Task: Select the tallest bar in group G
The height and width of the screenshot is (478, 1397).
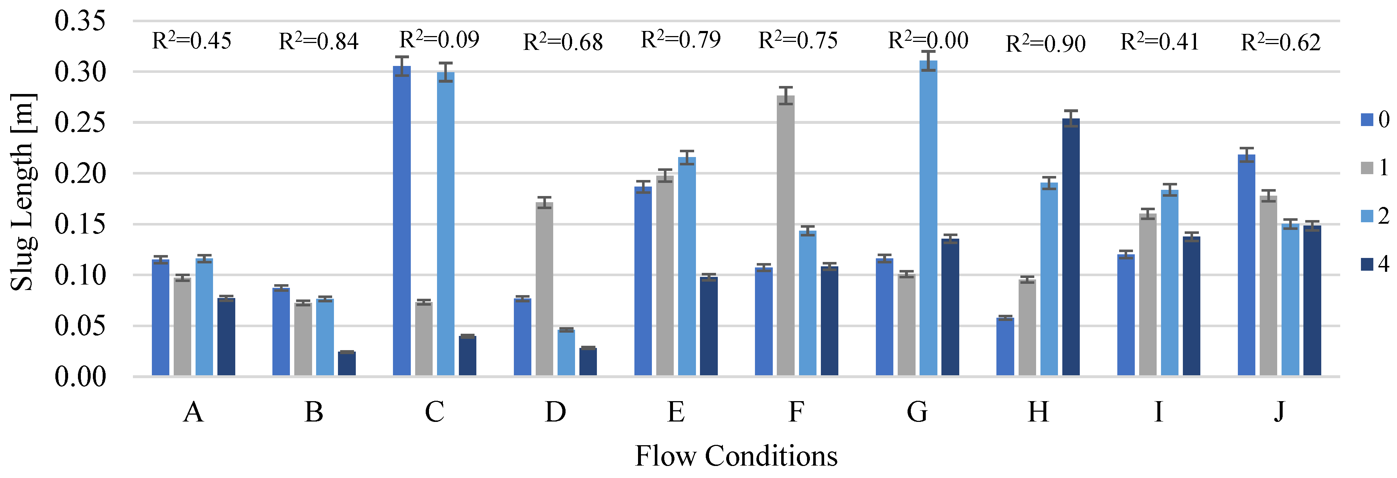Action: [x=928, y=217]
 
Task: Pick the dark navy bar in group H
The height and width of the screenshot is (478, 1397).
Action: [x=1071, y=247]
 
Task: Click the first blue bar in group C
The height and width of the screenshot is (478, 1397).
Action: [x=402, y=220]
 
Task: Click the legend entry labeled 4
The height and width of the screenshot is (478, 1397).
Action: [x=1375, y=264]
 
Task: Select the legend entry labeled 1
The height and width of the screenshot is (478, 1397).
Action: [x=1375, y=168]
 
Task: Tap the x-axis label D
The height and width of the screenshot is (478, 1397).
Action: [x=555, y=412]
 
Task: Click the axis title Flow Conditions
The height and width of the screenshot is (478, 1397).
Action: [x=736, y=456]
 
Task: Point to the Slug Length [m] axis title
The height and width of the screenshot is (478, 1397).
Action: [x=23, y=193]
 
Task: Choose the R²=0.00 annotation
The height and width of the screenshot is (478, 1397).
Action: [x=928, y=41]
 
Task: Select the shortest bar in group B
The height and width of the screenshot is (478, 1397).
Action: [x=347, y=364]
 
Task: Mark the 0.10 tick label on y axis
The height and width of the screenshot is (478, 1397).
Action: [x=80, y=275]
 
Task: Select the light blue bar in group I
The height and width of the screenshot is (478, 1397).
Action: [x=1169, y=282]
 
